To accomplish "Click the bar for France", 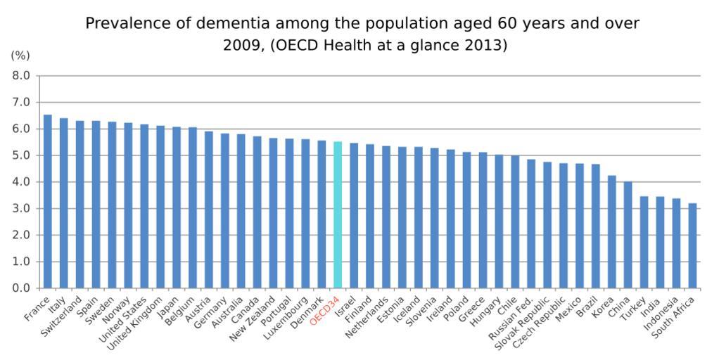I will pos(48,202).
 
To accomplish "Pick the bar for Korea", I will pos(611,232).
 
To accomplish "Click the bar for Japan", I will pos(177,207).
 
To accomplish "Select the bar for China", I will pos(628,235).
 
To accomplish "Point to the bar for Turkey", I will pos(644,243).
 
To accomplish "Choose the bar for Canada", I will pos(257,212).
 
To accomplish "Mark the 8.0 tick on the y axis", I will pos(22,75).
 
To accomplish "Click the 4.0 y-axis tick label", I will pos(22,182).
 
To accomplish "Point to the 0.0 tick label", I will pos(22,288).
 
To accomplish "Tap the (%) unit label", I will pos(20,56).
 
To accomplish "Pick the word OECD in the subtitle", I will pos(303,45).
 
